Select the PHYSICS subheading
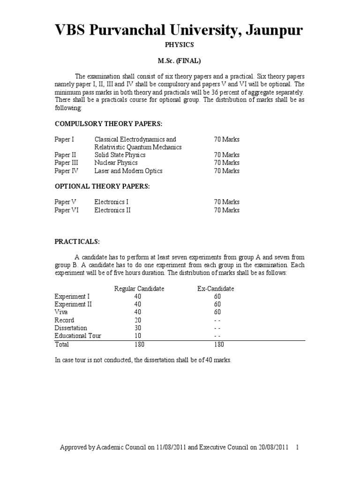tap(180, 45)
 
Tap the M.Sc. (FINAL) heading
tap(180, 61)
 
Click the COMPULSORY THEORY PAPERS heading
tap(109, 123)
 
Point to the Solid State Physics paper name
tap(120, 155)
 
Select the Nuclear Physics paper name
tap(116, 163)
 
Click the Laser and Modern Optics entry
tap(128, 171)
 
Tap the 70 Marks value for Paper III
tap(227, 163)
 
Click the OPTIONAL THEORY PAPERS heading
tap(102, 186)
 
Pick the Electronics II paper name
tap(112, 210)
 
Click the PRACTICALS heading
tap(77, 241)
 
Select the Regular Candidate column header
tap(139, 289)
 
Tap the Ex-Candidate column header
tap(216, 289)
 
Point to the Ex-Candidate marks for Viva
tap(217, 312)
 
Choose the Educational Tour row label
tap(78, 336)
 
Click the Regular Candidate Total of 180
tap(139, 345)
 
